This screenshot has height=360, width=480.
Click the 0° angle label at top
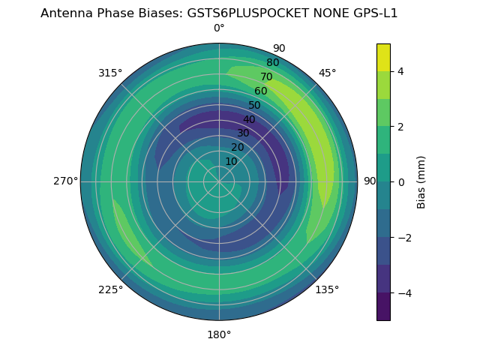click(219, 28)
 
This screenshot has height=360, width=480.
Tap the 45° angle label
click(328, 73)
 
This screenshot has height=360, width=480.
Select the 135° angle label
click(327, 289)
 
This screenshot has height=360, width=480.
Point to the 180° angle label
click(219, 334)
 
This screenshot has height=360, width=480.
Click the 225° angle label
click(110, 289)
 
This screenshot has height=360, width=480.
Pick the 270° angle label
click(66, 181)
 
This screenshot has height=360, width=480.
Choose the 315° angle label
click(110, 73)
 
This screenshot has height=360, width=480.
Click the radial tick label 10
click(231, 161)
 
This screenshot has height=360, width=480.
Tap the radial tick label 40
click(249, 120)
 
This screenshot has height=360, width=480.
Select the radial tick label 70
click(266, 76)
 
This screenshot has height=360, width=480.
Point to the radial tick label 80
click(272, 63)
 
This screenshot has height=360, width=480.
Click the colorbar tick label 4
click(401, 71)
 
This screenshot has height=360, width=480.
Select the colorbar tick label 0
click(401, 182)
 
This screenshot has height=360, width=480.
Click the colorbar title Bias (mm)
click(421, 182)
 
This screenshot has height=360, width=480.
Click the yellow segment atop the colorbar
click(383, 57)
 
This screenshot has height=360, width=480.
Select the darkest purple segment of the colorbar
click(383, 307)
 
